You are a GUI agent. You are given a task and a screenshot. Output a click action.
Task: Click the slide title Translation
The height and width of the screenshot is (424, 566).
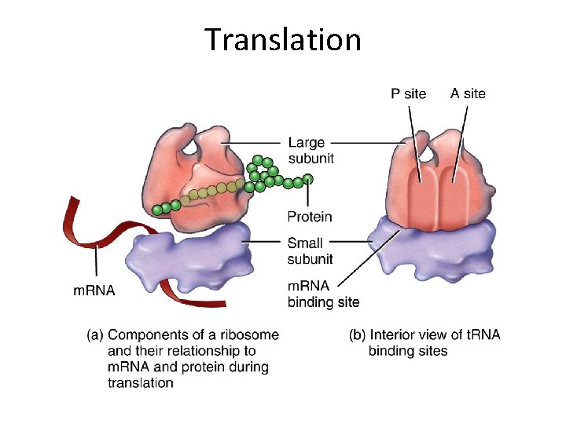283,38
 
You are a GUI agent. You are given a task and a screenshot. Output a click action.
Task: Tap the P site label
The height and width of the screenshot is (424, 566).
409,94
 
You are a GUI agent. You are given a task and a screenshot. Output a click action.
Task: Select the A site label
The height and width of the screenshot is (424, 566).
468,93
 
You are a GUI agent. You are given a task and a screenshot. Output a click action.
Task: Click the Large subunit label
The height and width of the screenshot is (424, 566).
311,150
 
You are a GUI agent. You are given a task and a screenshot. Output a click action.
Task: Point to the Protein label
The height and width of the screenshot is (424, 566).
310,217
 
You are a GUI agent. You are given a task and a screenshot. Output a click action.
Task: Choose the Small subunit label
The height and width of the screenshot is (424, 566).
310,250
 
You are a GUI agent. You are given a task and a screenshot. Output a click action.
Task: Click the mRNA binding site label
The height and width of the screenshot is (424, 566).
323,294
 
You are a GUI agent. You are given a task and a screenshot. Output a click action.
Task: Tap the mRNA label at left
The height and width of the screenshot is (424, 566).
94,290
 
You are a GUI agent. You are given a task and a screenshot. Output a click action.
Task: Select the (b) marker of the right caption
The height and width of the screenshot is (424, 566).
358,335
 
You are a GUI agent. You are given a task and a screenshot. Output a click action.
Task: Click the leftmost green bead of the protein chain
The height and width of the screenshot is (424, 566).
157,210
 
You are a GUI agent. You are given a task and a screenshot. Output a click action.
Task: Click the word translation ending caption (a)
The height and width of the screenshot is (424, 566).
141,383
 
